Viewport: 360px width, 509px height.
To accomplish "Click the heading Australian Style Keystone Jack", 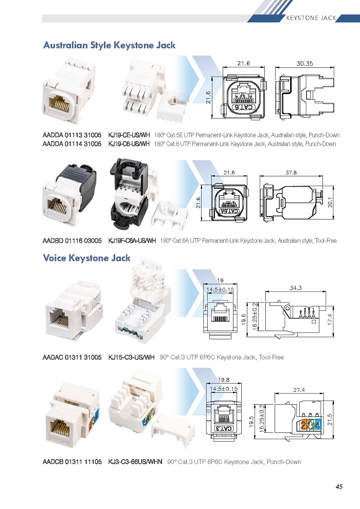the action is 110,45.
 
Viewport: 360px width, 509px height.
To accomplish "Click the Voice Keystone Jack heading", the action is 87,258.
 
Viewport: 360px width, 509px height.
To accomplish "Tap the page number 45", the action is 339,486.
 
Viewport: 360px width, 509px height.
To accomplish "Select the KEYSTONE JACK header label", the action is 311,18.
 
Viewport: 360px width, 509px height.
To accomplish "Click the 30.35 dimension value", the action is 304,64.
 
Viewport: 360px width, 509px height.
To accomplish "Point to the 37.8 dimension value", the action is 291,173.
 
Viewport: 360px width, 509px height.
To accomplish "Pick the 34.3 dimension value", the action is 295,287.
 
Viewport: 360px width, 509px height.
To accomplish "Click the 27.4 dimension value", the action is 299,390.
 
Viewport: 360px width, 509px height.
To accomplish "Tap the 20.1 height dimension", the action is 331,203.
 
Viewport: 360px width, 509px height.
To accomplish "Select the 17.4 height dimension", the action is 330,320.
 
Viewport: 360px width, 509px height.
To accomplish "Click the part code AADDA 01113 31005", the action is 72,135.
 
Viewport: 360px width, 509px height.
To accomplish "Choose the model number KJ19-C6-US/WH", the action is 129,144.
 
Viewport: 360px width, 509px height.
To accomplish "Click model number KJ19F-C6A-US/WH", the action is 132,241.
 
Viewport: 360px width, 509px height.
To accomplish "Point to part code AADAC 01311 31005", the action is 72,357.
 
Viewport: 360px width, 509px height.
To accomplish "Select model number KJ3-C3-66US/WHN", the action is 135,462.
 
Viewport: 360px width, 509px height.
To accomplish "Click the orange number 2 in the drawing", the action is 303,425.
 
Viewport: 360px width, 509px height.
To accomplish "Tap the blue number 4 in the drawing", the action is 317,425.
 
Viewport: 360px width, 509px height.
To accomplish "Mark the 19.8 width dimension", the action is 224,380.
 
